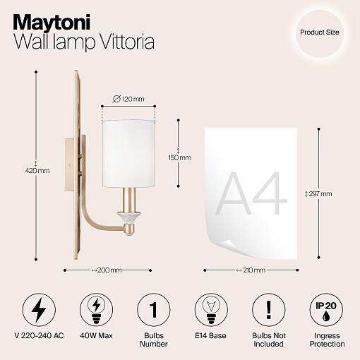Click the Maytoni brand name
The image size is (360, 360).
(52, 23)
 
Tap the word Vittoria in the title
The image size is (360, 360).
(126, 42)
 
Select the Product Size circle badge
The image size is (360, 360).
(320, 33)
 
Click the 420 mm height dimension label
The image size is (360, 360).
(37, 171)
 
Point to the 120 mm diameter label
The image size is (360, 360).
(128, 99)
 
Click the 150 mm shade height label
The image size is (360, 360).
(179, 157)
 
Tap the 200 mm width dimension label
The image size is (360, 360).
(107, 270)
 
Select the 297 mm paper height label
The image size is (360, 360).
(318, 194)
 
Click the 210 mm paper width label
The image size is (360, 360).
(251, 270)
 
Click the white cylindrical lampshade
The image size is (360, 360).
(128, 154)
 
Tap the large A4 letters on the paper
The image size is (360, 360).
(251, 193)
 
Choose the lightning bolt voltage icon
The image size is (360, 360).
(39, 310)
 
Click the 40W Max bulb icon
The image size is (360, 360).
(96, 310)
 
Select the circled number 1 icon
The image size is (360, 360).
(154, 310)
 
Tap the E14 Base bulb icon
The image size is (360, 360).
(211, 310)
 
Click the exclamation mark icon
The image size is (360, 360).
(268, 310)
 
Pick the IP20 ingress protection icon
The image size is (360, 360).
(326, 310)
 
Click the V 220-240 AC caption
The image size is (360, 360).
(39, 335)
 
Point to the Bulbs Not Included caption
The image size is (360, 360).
(269, 340)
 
